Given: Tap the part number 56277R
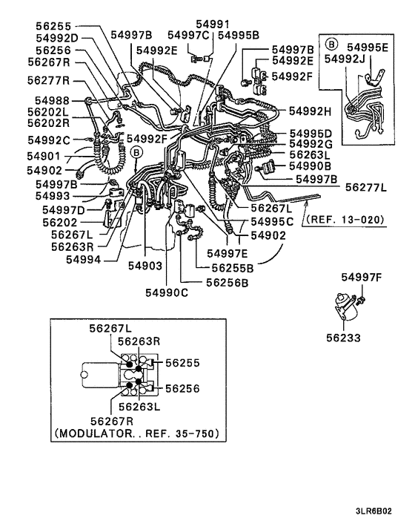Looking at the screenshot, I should pyautogui.click(x=49, y=79).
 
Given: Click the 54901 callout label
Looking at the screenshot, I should pyautogui.click(x=44, y=157).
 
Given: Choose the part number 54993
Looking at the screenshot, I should pyautogui.click(x=49, y=196).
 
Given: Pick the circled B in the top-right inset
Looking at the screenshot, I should pyautogui.click(x=331, y=45).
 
